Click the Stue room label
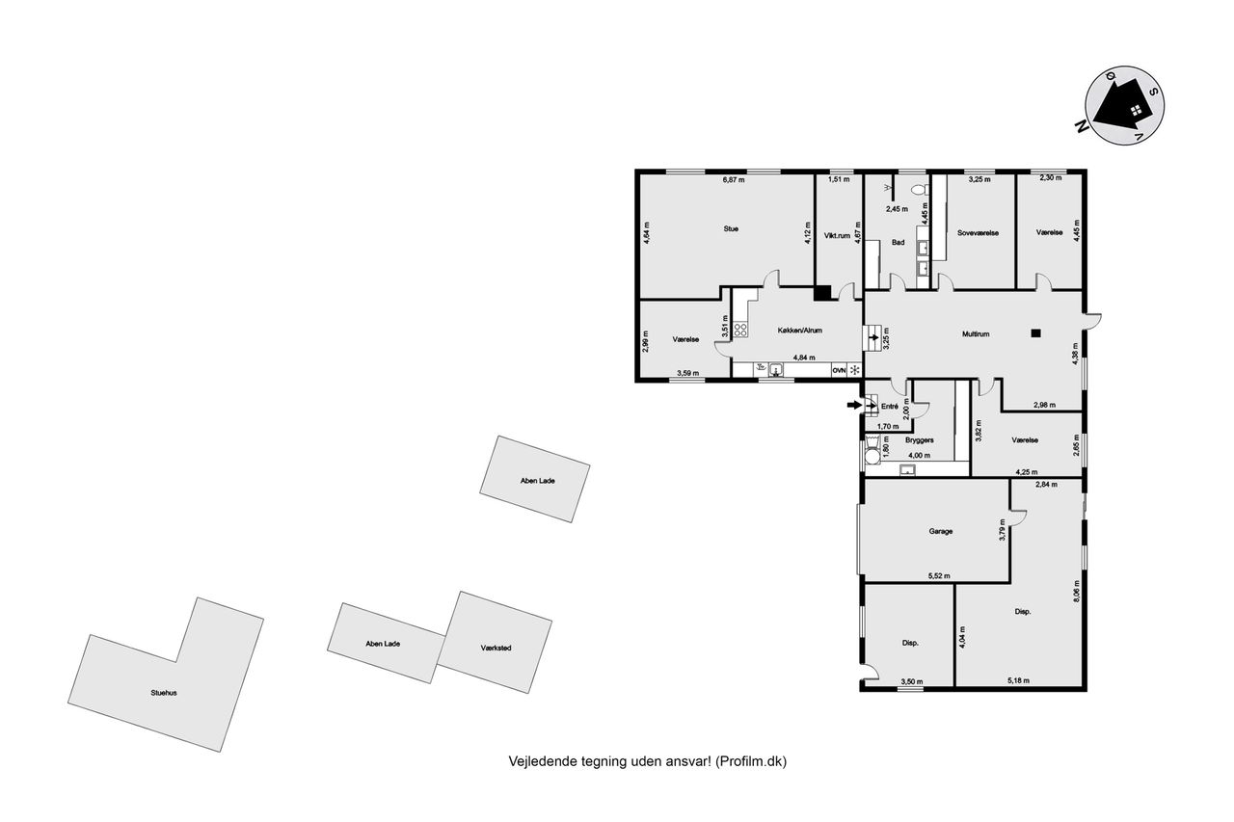[731, 229]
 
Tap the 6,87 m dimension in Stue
[734, 180]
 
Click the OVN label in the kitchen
[839, 371]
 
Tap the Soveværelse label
[978, 233]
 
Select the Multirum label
[976, 334]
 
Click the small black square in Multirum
[1036, 332]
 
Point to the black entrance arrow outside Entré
[854, 406]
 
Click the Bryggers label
[920, 440]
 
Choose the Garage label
[940, 531]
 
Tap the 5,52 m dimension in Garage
[939, 576]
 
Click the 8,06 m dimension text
[1077, 592]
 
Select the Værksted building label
[496, 648]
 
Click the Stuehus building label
[164, 693]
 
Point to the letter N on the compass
[1083, 126]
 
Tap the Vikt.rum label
[838, 236]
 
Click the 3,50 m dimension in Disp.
[912, 681]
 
